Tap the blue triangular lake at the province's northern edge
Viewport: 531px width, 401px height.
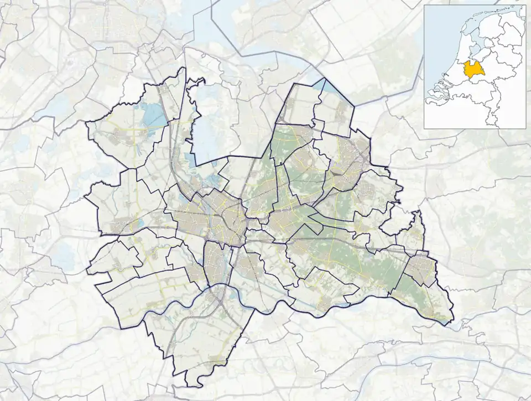point(330,86)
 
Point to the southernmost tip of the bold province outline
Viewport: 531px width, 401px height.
point(191,386)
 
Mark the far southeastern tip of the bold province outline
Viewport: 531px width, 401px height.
point(453,321)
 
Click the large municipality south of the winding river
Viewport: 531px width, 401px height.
point(205,337)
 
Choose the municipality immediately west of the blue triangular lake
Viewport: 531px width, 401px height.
point(299,105)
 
